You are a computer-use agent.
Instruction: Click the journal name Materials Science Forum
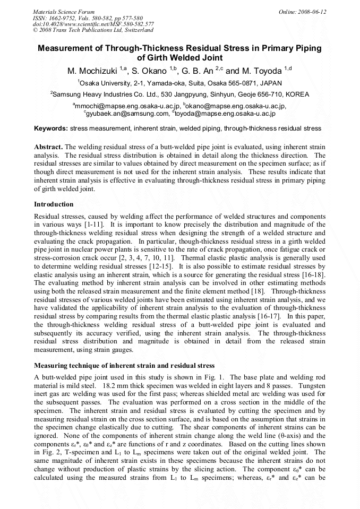(x=64, y=12)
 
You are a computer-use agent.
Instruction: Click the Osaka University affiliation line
(x=179, y=83)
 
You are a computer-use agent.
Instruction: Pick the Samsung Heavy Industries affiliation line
(x=179, y=94)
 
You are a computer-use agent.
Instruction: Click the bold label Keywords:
(x=51, y=129)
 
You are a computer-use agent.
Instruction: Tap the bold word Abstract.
(x=48, y=146)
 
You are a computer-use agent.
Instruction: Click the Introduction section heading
(x=54, y=204)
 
